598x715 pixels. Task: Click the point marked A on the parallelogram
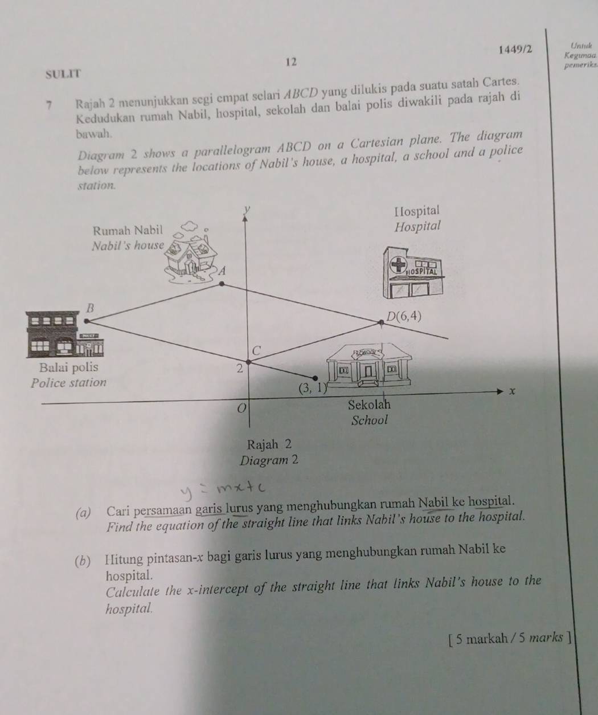coord(222,284)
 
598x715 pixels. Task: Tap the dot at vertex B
coord(87,321)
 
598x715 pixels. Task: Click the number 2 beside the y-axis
coord(240,369)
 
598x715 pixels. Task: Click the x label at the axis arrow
coord(512,391)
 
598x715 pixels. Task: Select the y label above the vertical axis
coord(247,209)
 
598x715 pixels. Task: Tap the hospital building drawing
coord(413,272)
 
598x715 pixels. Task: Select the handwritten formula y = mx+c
coord(224,491)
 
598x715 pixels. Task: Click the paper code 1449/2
coord(515,50)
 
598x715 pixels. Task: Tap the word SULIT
coord(64,74)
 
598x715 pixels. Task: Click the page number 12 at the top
coord(291,62)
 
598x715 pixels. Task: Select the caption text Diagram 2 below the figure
coord(269,461)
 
